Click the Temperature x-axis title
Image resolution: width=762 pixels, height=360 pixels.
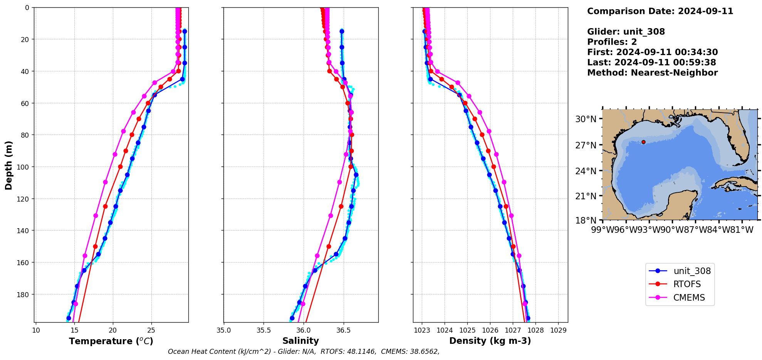(x=111, y=341)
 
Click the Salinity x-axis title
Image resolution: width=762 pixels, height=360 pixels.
(x=300, y=341)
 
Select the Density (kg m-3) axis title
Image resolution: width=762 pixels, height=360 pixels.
(x=490, y=341)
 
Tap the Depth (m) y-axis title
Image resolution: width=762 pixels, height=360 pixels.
(x=8, y=165)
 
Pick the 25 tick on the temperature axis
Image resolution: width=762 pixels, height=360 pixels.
(x=151, y=330)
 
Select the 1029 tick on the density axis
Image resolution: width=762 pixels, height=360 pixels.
(x=558, y=330)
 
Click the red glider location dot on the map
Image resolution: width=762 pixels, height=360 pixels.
(x=643, y=142)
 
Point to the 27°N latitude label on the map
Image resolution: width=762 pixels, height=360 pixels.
(x=586, y=145)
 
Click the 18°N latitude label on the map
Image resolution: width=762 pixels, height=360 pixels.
(x=586, y=220)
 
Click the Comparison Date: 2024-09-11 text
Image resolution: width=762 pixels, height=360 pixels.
(x=660, y=11)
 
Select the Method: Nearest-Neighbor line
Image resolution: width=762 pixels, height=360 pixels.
(x=652, y=73)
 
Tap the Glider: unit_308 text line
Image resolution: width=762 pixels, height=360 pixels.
(x=626, y=32)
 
